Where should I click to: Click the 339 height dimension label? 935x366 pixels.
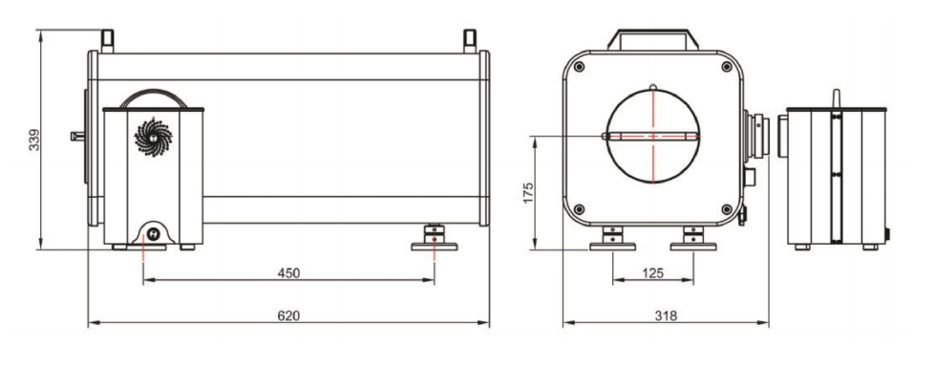pyautogui.click(x=34, y=140)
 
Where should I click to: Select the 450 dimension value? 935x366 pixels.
pyautogui.click(x=288, y=273)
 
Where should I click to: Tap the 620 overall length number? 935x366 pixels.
pyautogui.click(x=288, y=316)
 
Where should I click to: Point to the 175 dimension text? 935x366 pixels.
pyautogui.click(x=528, y=193)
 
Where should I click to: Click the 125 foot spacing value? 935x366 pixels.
pyautogui.click(x=653, y=273)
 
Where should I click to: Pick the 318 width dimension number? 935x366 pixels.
pyautogui.click(x=666, y=316)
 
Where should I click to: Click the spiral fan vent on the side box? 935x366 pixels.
pyautogui.click(x=153, y=138)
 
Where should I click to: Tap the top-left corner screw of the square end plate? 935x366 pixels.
pyautogui.click(x=579, y=66)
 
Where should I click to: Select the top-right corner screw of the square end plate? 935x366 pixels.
pyautogui.click(x=726, y=66)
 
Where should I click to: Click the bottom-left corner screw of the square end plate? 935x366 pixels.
pyautogui.click(x=579, y=209)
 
